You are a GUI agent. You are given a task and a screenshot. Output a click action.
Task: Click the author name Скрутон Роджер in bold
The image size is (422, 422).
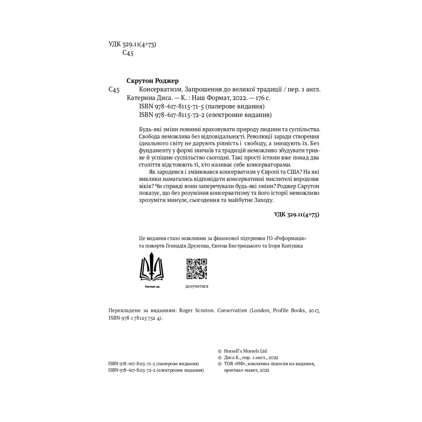155,81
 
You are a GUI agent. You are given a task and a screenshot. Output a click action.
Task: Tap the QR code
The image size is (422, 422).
197,269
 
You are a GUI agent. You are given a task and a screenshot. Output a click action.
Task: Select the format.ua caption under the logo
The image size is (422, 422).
152,286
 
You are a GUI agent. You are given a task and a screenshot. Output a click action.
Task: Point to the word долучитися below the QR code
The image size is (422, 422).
197,286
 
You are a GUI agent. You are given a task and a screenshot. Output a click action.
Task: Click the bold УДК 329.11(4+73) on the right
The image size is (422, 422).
296,214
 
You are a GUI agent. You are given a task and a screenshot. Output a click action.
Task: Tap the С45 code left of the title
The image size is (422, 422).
114,90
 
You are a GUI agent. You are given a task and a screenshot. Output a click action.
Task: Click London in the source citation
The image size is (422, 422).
259,310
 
